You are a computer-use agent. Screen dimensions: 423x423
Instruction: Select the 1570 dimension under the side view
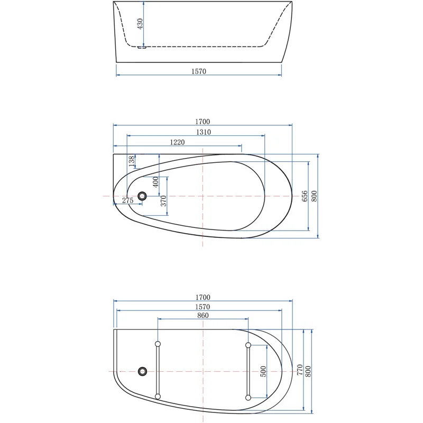(x=199, y=71)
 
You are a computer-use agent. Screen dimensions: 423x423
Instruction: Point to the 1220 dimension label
(x=177, y=142)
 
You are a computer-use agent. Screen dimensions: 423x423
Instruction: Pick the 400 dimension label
(x=155, y=182)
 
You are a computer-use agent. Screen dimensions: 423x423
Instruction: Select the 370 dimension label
(x=163, y=201)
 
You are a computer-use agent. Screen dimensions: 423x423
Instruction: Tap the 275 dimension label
(x=127, y=200)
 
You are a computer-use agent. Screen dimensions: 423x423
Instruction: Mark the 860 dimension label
(x=203, y=316)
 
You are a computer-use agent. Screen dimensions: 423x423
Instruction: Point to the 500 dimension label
(x=263, y=372)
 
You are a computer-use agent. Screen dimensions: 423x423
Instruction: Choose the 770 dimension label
(x=299, y=370)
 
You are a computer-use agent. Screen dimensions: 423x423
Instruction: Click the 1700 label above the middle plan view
(x=203, y=122)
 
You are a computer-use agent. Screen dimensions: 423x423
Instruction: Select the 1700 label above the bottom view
(x=203, y=298)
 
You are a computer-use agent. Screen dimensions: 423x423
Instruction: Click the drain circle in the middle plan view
(x=142, y=196)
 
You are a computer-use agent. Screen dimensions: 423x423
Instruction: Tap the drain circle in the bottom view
(x=142, y=371)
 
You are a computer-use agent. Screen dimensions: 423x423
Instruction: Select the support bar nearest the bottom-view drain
(x=157, y=371)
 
